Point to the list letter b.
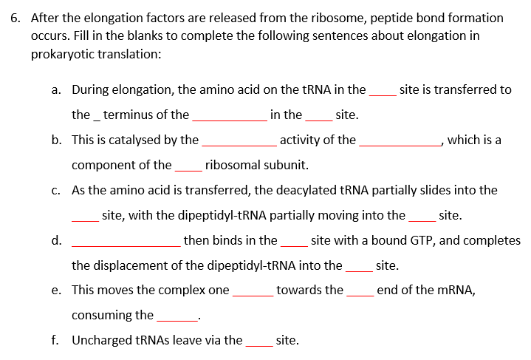[56, 140]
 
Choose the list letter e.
[56, 291]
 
